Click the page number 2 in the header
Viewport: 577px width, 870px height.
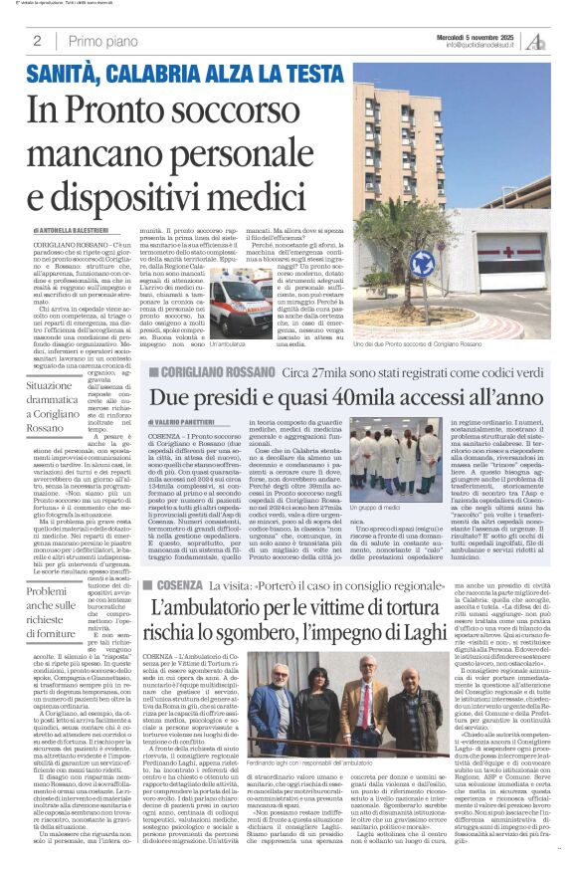coord(37,42)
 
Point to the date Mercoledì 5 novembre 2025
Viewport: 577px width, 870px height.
coord(484,36)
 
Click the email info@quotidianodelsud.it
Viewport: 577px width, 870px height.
coord(484,46)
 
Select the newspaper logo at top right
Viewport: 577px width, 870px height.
coord(537,41)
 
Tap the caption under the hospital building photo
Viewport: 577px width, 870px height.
coord(430,342)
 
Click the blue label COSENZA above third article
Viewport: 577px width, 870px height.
coord(177,583)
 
